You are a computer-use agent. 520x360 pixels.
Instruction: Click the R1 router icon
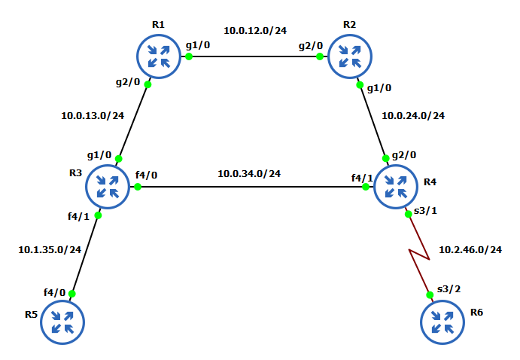pos(159,56)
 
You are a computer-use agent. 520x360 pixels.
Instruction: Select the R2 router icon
pos(350,56)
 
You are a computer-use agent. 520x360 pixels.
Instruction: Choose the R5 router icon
pos(62,322)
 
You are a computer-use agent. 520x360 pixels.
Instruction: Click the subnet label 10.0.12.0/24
pos(255,31)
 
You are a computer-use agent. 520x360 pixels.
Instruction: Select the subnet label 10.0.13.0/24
pos(93,116)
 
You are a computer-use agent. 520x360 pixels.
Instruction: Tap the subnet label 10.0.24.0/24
pos(413,116)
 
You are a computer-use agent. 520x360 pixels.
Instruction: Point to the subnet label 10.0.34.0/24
pos(249,174)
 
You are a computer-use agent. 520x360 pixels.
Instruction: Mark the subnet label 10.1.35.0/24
pos(50,249)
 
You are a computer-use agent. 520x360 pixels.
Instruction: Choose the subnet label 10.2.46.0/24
pos(470,249)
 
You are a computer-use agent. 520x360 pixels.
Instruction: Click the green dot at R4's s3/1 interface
pos(409,213)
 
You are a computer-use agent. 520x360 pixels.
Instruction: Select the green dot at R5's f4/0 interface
pos(72,294)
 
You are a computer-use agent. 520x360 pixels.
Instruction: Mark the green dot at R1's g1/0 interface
pos(189,56)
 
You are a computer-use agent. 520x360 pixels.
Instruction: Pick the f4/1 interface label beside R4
pos(362,178)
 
